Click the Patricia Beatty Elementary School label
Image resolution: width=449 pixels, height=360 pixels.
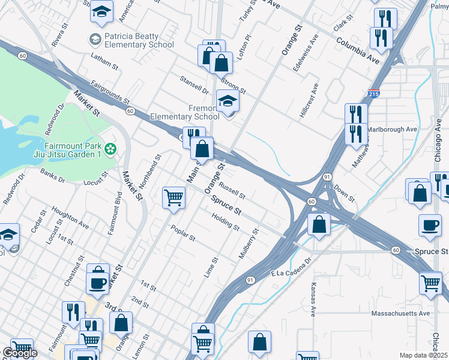pyautogui.click(x=139, y=40)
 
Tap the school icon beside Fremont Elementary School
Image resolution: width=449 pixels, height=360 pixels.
pyautogui.click(x=228, y=101)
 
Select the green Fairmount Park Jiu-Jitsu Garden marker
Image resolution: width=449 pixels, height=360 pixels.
pyautogui.click(x=110, y=148)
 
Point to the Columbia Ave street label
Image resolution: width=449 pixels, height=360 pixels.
pyautogui.click(x=358, y=50)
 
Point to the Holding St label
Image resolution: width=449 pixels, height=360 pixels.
pyautogui.click(x=226, y=224)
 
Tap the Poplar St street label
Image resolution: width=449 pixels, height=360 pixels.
pyautogui.click(x=183, y=233)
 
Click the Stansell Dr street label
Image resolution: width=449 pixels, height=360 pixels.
pyautogui.click(x=194, y=85)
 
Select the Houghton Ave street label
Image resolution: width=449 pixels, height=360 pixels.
pyautogui.click(x=70, y=218)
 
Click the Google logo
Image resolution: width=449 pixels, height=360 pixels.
pyautogui.click(x=19, y=353)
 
